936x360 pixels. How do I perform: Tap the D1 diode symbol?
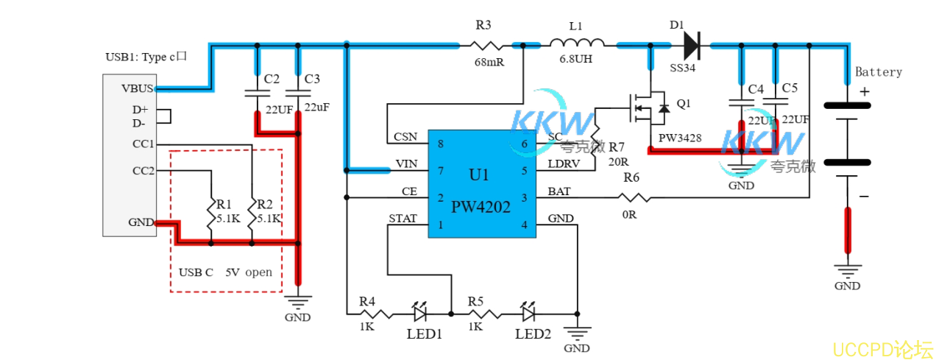(690, 46)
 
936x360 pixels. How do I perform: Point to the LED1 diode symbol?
(421, 314)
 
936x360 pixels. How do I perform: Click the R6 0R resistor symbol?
(633, 197)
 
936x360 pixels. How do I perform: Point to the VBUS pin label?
(138, 89)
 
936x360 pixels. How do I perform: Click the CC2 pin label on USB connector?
(143, 171)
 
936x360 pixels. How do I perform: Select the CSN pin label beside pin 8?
(406, 137)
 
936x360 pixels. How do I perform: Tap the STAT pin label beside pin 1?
(403, 218)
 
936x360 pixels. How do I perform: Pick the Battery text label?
(878, 72)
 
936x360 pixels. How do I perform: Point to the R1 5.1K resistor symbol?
(210, 211)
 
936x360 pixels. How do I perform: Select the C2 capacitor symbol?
(257, 93)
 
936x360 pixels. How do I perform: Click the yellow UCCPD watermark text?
(883, 349)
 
